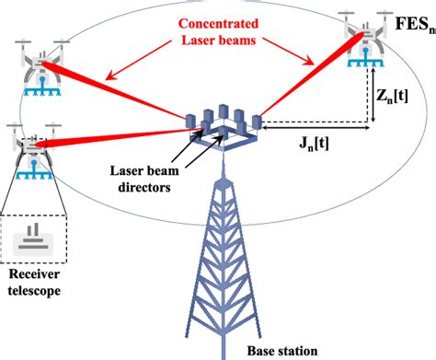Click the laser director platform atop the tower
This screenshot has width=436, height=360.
225,130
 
